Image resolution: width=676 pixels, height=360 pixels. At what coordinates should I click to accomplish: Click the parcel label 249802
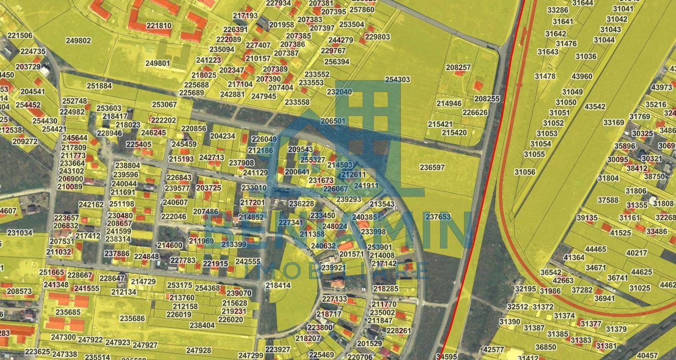click(78, 41)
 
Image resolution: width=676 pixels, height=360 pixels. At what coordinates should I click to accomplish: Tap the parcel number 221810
click(159, 26)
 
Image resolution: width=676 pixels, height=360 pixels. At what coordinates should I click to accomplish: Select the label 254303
click(397, 80)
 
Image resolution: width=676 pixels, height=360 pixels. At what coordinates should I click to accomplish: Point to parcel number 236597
click(432, 167)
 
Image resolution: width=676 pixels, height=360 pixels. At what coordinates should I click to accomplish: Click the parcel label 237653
click(438, 217)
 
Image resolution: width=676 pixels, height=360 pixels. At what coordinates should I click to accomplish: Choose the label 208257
click(458, 67)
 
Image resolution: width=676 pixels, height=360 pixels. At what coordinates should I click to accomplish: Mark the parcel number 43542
click(595, 107)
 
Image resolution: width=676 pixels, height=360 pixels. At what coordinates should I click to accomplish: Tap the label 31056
click(525, 172)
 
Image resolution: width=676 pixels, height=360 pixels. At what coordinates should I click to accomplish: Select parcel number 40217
click(637, 253)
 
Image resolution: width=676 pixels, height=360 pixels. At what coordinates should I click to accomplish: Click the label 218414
click(278, 285)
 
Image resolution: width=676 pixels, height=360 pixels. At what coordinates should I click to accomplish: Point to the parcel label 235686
click(132, 318)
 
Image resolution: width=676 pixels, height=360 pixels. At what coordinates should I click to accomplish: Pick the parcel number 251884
click(99, 86)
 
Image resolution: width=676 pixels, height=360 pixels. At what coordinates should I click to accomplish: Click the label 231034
click(20, 233)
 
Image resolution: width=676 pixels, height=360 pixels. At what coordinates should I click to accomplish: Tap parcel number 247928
click(198, 350)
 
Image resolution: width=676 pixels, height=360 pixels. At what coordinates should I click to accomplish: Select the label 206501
click(332, 121)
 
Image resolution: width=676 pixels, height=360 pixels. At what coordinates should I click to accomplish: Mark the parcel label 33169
click(614, 122)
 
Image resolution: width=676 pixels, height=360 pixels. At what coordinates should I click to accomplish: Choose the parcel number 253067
click(164, 104)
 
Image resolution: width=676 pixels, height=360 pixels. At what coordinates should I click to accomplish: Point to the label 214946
click(449, 103)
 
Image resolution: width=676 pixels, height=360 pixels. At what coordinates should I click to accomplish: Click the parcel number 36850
click(545, 347)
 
